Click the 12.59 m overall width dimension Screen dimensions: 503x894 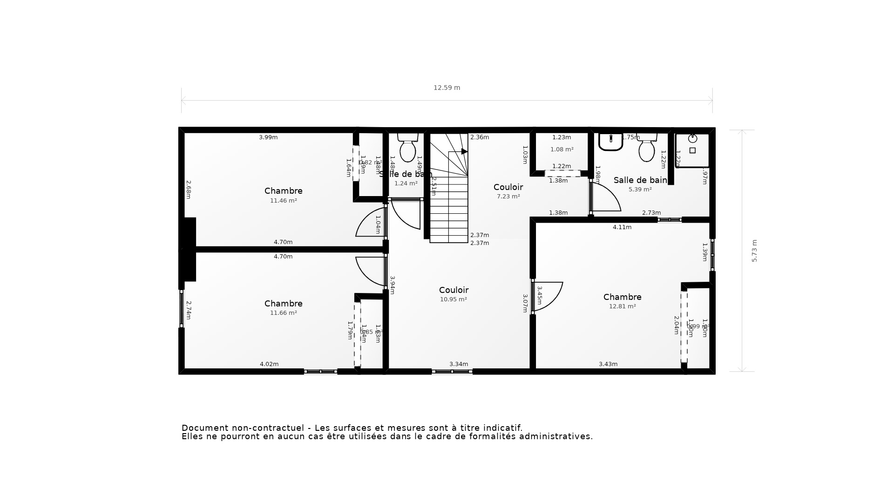[x=447, y=88]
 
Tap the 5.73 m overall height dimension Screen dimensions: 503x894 [x=754, y=251]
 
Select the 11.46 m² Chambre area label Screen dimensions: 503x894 [x=283, y=201]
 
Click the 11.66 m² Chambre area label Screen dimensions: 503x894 [x=283, y=313]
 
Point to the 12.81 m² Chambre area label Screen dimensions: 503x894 [x=622, y=306]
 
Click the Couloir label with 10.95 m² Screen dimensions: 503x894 [x=454, y=290]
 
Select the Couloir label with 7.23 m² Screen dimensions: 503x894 [x=508, y=187]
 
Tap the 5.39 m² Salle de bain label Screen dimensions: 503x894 [x=640, y=180]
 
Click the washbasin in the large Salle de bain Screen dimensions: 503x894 [x=610, y=142]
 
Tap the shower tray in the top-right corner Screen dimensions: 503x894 [x=692, y=150]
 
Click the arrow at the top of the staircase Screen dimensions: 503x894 [x=464, y=151]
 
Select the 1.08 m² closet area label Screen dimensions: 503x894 [x=562, y=150]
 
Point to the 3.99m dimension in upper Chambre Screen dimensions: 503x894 [x=268, y=137]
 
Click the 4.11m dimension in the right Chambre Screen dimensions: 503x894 [x=622, y=227]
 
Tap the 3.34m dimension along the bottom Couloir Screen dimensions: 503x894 [x=459, y=364]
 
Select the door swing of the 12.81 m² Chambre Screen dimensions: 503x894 [x=549, y=296]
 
